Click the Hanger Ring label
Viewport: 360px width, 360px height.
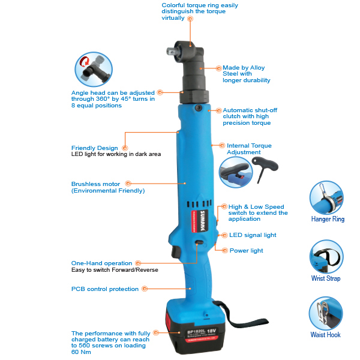[x=328, y=219]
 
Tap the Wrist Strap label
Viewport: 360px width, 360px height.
[x=326, y=278]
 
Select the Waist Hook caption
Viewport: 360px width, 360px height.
[x=325, y=335]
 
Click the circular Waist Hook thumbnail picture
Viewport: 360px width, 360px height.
[x=326, y=313]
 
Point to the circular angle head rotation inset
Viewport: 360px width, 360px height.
[x=94, y=70]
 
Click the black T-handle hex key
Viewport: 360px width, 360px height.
[x=265, y=167]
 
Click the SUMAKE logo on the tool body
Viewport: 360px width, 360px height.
[x=203, y=221]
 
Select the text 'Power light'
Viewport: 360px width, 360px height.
[x=246, y=250]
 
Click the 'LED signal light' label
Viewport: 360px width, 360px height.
[x=253, y=235]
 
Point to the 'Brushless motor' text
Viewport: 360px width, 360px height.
[x=95, y=184]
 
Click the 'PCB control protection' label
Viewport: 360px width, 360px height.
[x=105, y=289]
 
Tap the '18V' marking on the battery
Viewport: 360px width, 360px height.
[x=211, y=331]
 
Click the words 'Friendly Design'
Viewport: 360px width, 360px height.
[x=94, y=148]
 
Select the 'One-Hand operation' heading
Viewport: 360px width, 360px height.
[x=101, y=263]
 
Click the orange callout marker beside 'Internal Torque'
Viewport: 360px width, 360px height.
[x=222, y=145]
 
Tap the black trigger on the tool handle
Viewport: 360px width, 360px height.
[x=175, y=251]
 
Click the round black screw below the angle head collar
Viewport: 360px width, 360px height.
[x=199, y=108]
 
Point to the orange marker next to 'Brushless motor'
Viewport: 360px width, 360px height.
[x=128, y=184]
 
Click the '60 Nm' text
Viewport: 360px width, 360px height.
[x=81, y=352]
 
